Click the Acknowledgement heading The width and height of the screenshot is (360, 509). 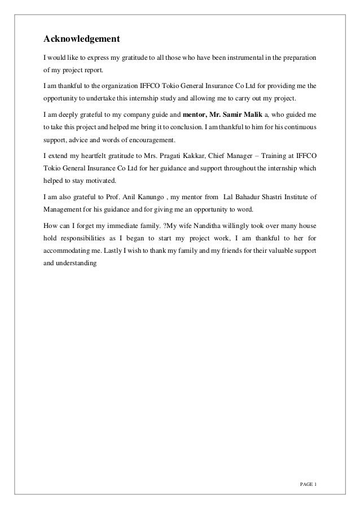point(82,40)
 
